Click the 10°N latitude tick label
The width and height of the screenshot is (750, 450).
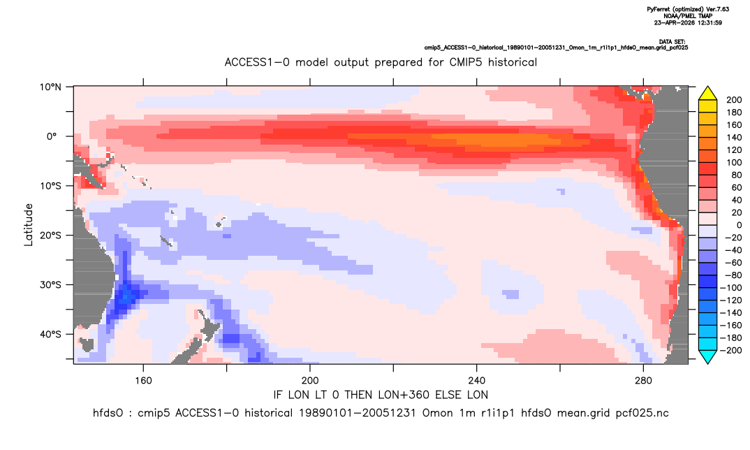[x=50, y=87]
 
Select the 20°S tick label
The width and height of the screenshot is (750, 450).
[x=50, y=235]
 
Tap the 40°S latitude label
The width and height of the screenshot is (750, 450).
[x=50, y=334]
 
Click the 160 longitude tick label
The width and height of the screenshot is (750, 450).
[x=143, y=381]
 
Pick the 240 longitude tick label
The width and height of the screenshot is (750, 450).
[x=477, y=381]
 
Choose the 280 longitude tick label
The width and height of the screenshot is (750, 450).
[x=643, y=381]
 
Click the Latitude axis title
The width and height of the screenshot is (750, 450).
[x=29, y=225]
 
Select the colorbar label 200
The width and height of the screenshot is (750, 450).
[x=734, y=100]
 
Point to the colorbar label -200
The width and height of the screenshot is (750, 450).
[x=731, y=350]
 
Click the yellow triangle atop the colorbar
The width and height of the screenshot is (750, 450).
[x=707, y=94]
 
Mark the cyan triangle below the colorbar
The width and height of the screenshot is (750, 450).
[x=707, y=356]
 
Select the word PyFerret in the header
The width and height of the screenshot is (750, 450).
[x=659, y=10]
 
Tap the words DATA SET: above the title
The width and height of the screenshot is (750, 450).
[x=672, y=42]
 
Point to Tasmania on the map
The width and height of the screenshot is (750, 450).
[x=87, y=344]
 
